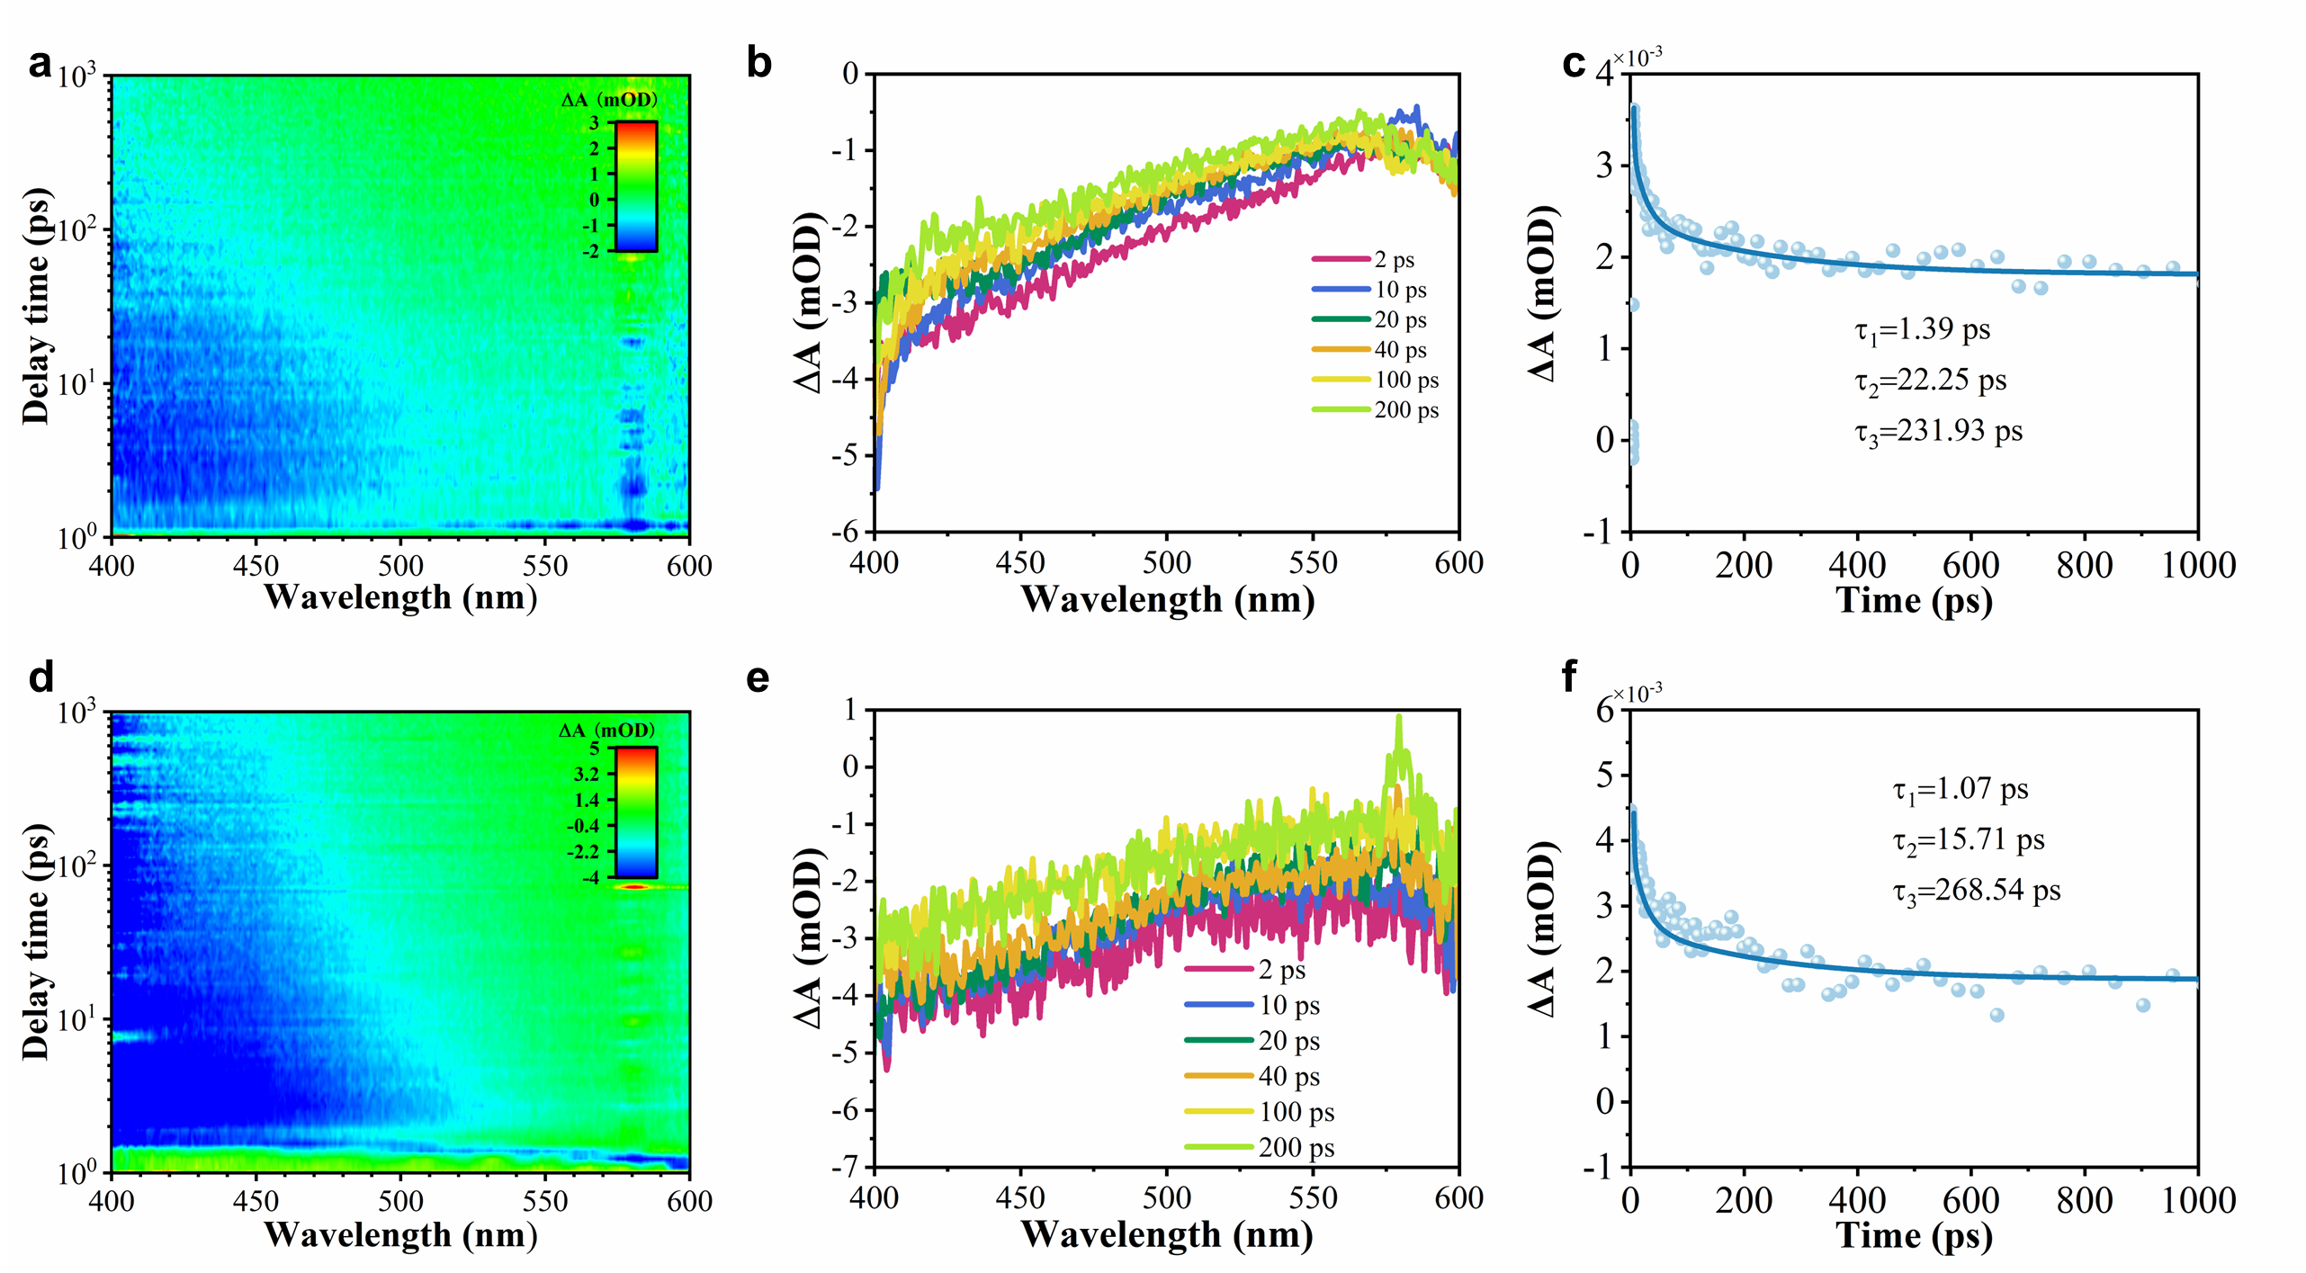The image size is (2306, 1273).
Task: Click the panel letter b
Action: click(x=758, y=64)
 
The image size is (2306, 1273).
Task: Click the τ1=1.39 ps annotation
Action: click(x=1922, y=330)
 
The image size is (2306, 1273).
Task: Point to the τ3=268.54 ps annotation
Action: click(x=1976, y=891)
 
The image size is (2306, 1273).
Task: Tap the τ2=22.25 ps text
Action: click(x=1930, y=381)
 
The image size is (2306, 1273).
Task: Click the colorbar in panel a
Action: click(x=635, y=186)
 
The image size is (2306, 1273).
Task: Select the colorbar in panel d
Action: click(x=635, y=811)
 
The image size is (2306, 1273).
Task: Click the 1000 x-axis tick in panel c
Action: click(x=2198, y=566)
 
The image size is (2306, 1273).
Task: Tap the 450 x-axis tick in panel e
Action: click(x=1020, y=1198)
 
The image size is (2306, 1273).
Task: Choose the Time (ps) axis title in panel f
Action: click(x=1914, y=1236)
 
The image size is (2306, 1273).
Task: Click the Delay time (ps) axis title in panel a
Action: click(x=36, y=306)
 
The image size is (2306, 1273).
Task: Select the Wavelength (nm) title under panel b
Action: click(x=1167, y=600)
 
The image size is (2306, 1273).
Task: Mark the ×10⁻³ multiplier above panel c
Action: click(x=1637, y=58)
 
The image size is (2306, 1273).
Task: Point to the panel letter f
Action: click(x=1570, y=676)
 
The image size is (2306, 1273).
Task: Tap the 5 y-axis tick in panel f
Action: click(x=1605, y=775)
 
